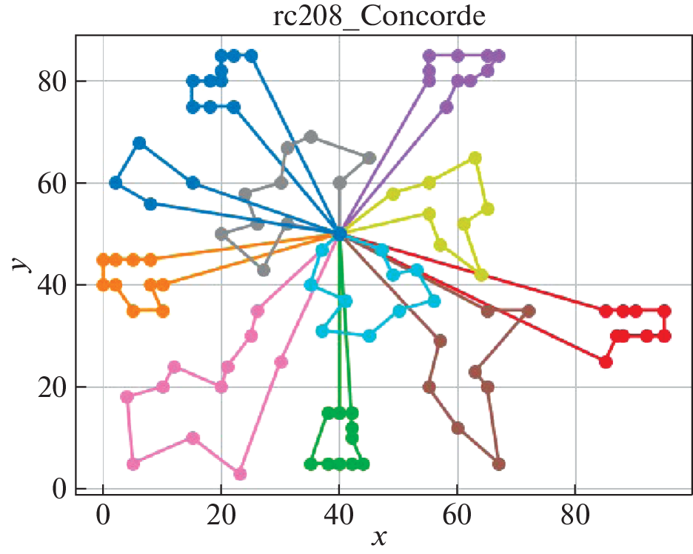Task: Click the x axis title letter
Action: tap(379, 536)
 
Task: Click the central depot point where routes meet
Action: tap(340, 234)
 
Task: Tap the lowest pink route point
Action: tap(239, 474)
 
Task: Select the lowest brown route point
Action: tap(498, 464)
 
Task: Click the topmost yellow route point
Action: tap(475, 158)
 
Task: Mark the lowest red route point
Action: tap(606, 361)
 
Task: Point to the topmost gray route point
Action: tap(311, 136)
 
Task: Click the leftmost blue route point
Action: tap(115, 183)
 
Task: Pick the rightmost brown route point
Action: tap(529, 310)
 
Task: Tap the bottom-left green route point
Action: tap(311, 464)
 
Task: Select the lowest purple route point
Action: tap(446, 107)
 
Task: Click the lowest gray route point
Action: tap(263, 270)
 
